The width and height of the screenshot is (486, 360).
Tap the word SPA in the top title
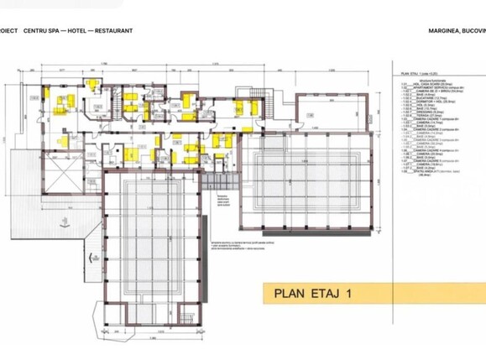coord(70,30)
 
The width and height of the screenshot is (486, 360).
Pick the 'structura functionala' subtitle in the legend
coord(415,82)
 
